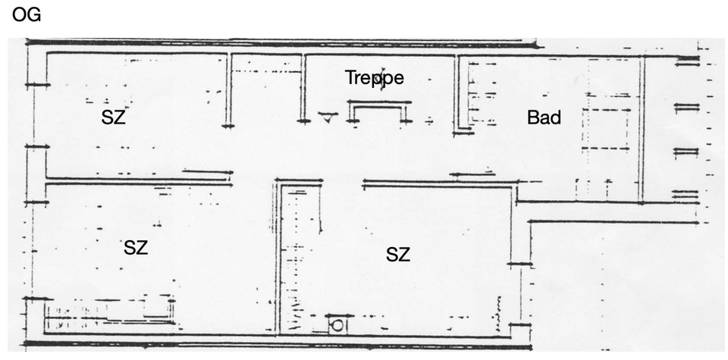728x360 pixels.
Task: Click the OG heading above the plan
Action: [27, 14]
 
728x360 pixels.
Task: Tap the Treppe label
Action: [374, 77]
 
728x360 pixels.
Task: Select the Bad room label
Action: [544, 117]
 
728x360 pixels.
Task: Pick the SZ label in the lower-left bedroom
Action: [136, 247]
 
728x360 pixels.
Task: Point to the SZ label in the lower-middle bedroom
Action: [397, 255]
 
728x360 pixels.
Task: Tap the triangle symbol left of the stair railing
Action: [327, 117]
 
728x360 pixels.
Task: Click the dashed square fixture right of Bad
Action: [606, 129]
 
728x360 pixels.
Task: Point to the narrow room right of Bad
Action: [670, 129]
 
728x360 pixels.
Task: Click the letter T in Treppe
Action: [350, 77]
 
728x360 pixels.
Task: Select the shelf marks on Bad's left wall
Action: [475, 99]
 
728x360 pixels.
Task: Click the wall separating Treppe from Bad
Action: [459, 91]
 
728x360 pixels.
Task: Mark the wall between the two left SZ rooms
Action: [136, 180]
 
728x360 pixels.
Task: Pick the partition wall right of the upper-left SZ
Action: [228, 91]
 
